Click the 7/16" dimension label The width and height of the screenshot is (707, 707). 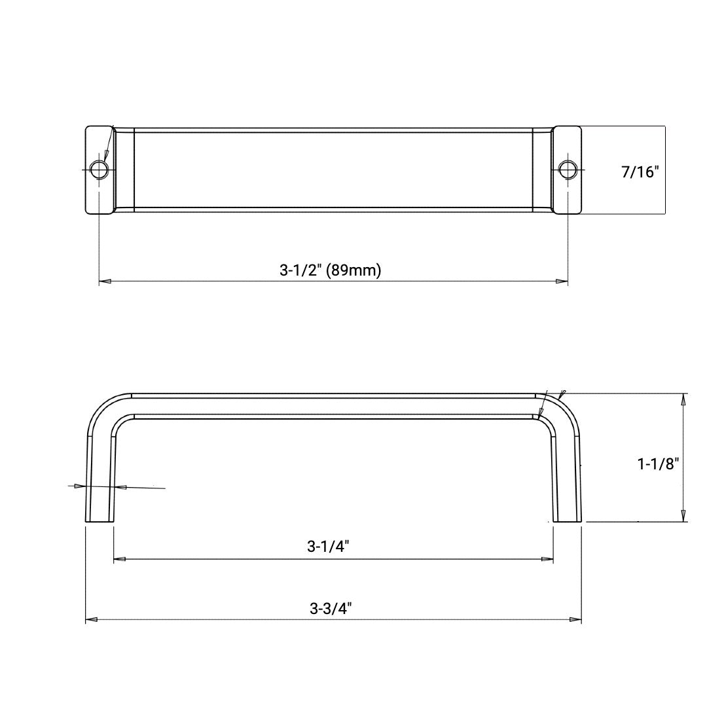tap(640, 172)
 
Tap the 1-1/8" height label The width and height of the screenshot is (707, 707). tap(658, 463)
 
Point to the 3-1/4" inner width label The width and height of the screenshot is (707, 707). tap(328, 547)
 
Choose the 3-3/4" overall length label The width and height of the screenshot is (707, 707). tap(331, 607)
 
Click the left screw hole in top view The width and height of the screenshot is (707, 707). tap(99, 170)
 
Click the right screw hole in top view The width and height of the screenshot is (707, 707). tap(567, 170)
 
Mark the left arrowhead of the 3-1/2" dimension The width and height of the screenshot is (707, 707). tap(104, 281)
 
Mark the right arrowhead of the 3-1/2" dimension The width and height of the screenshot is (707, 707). tap(562, 281)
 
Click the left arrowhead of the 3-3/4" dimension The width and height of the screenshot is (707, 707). tap(91, 619)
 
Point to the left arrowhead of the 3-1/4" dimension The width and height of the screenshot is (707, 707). tap(119, 559)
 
